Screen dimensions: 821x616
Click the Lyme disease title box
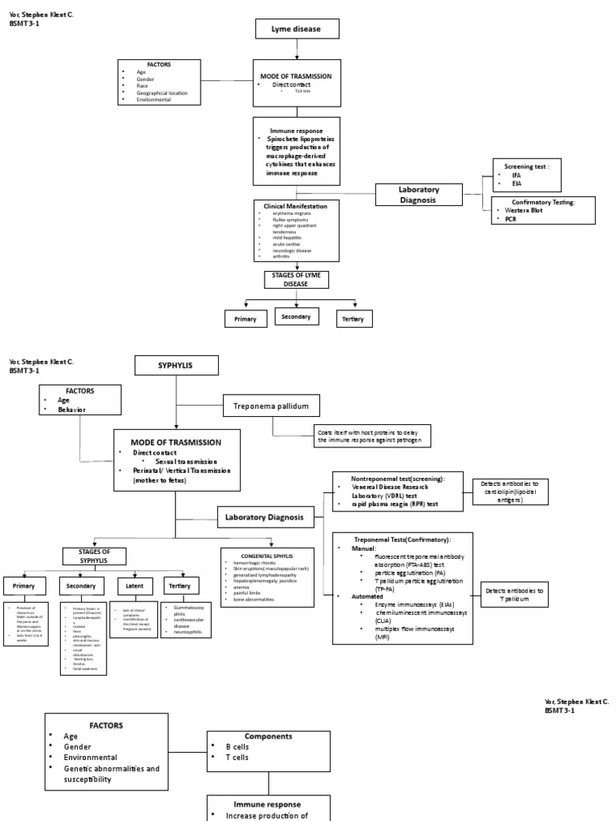(298, 30)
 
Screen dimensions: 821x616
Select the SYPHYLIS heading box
(175, 366)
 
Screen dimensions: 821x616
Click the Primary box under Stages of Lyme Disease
(245, 319)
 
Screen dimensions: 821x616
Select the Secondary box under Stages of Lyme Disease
(297, 317)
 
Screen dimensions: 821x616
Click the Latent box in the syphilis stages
(129, 585)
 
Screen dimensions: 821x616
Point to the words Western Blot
(524, 210)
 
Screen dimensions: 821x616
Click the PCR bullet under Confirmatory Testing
(511, 218)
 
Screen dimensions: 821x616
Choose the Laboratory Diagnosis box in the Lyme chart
(419, 195)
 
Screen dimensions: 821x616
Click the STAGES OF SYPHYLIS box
(93, 556)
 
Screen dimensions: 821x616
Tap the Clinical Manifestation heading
(297, 206)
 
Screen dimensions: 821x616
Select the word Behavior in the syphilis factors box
(71, 409)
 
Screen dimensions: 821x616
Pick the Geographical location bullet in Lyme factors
(162, 93)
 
